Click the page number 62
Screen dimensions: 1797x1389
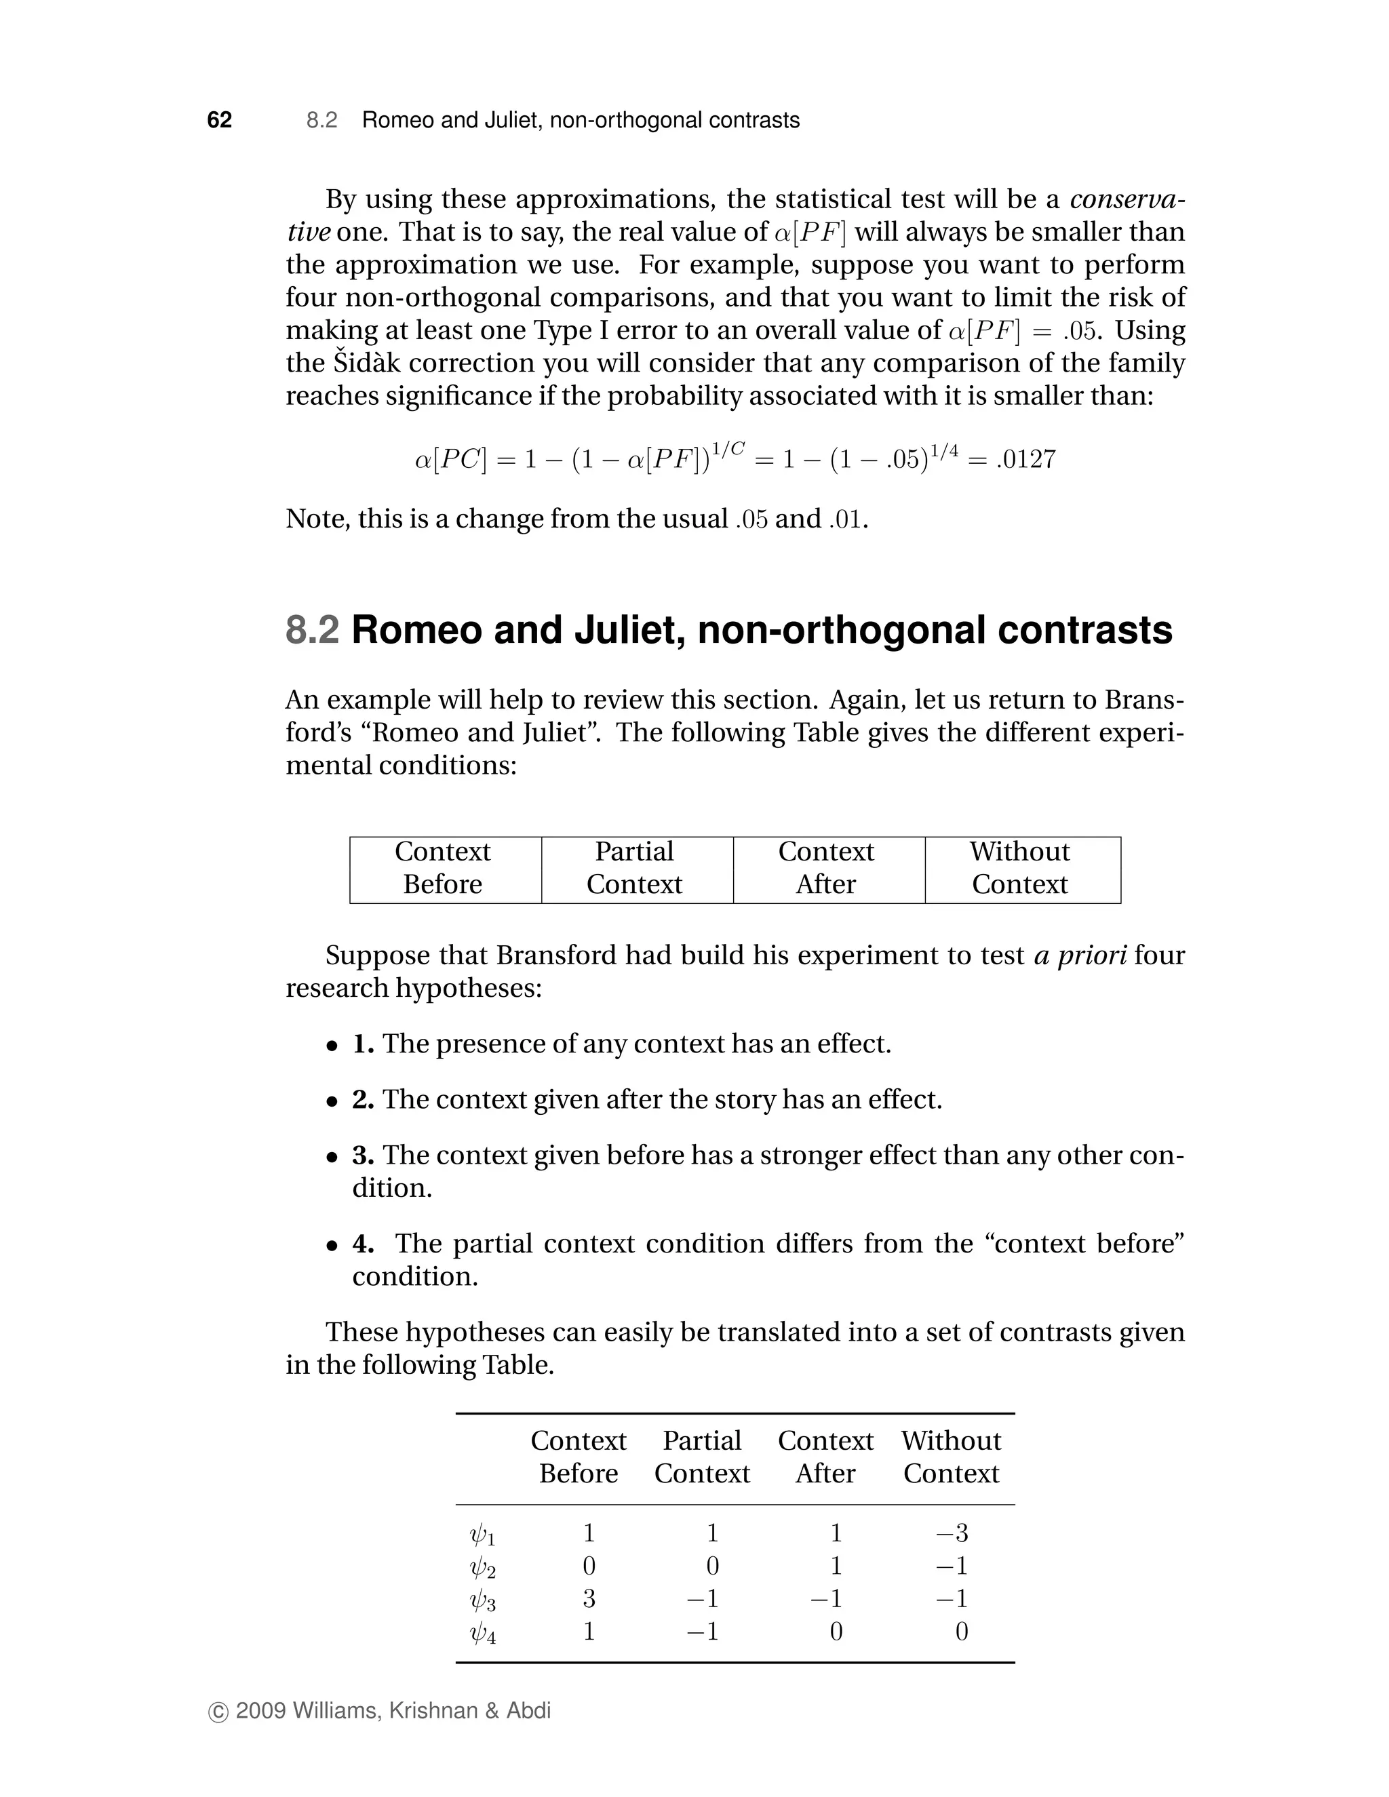point(219,120)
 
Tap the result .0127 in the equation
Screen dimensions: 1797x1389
point(1025,459)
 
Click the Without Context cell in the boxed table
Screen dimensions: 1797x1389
point(1019,868)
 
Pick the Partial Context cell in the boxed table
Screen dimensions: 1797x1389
point(634,868)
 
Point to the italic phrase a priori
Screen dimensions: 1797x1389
point(1080,955)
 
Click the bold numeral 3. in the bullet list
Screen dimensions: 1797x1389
point(363,1156)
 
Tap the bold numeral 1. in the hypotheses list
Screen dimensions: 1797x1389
point(363,1044)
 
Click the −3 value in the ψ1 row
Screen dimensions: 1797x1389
point(952,1533)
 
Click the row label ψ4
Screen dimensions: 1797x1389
point(482,1634)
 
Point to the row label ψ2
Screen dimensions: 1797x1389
point(482,1567)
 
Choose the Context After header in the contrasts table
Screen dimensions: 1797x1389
point(825,1457)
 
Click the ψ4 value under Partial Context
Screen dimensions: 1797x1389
point(703,1632)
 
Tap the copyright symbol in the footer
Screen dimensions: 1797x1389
point(218,1712)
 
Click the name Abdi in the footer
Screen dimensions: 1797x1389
point(528,1711)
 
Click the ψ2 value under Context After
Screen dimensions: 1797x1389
point(836,1566)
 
